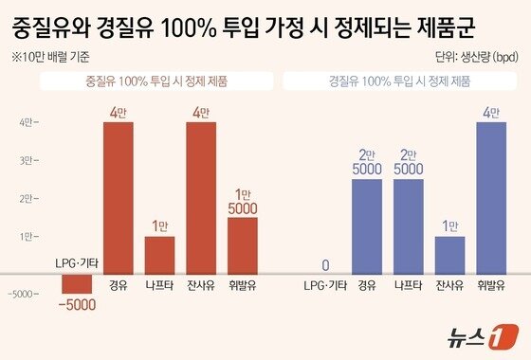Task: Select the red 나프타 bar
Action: (x=159, y=254)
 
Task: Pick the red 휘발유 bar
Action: (x=243, y=244)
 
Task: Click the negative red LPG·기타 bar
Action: (x=76, y=282)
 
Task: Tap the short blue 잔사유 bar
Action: (x=450, y=254)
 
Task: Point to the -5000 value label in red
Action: (x=76, y=304)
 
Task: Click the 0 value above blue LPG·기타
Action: (x=325, y=264)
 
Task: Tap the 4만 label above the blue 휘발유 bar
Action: (x=491, y=113)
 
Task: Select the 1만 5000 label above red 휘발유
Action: (x=243, y=198)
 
